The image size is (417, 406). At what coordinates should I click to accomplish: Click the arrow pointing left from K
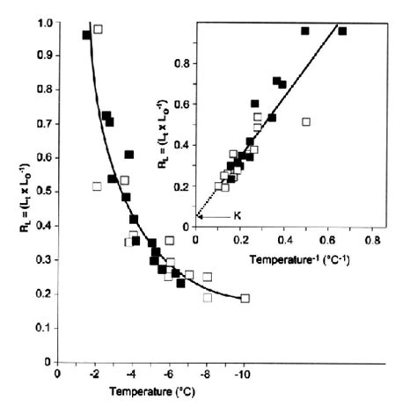pos(212,215)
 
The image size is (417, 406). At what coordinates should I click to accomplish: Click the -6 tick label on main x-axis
pos(170,373)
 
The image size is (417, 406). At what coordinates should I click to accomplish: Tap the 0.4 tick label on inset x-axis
pos(283,237)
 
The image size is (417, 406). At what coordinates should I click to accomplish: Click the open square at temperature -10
pos(245,298)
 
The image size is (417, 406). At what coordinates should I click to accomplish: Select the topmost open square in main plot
pos(98,29)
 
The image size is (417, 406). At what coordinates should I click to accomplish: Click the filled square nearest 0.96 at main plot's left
pos(86,35)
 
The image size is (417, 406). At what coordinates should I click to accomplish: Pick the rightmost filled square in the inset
pos(342,31)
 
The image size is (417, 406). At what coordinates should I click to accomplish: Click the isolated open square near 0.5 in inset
pos(306,121)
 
